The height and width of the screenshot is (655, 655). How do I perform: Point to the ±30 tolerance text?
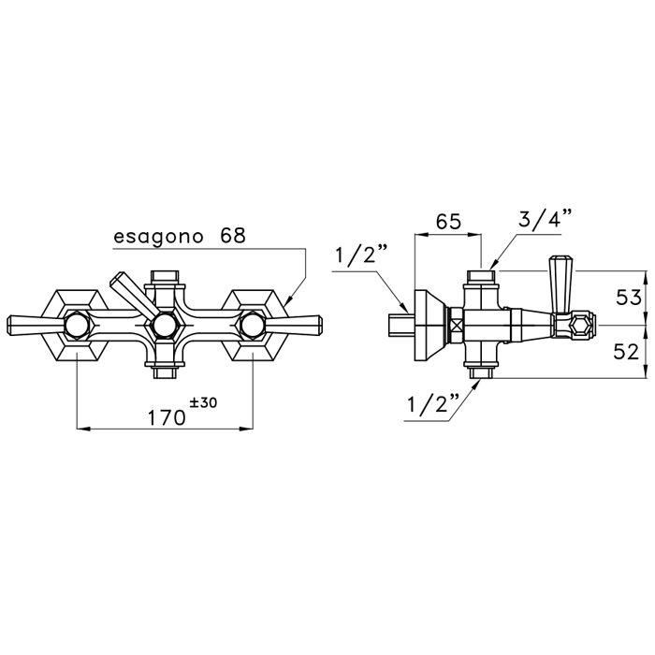(202, 402)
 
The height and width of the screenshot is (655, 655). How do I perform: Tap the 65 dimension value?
(447, 223)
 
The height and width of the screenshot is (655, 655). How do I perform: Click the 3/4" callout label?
(546, 223)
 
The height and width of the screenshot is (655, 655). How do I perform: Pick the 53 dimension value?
(630, 298)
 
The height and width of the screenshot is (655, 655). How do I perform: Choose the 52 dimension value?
(630, 351)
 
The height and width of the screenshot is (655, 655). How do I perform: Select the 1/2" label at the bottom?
(431, 404)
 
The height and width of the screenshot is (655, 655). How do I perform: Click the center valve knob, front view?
(165, 326)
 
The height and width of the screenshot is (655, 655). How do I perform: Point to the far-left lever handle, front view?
(28, 325)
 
